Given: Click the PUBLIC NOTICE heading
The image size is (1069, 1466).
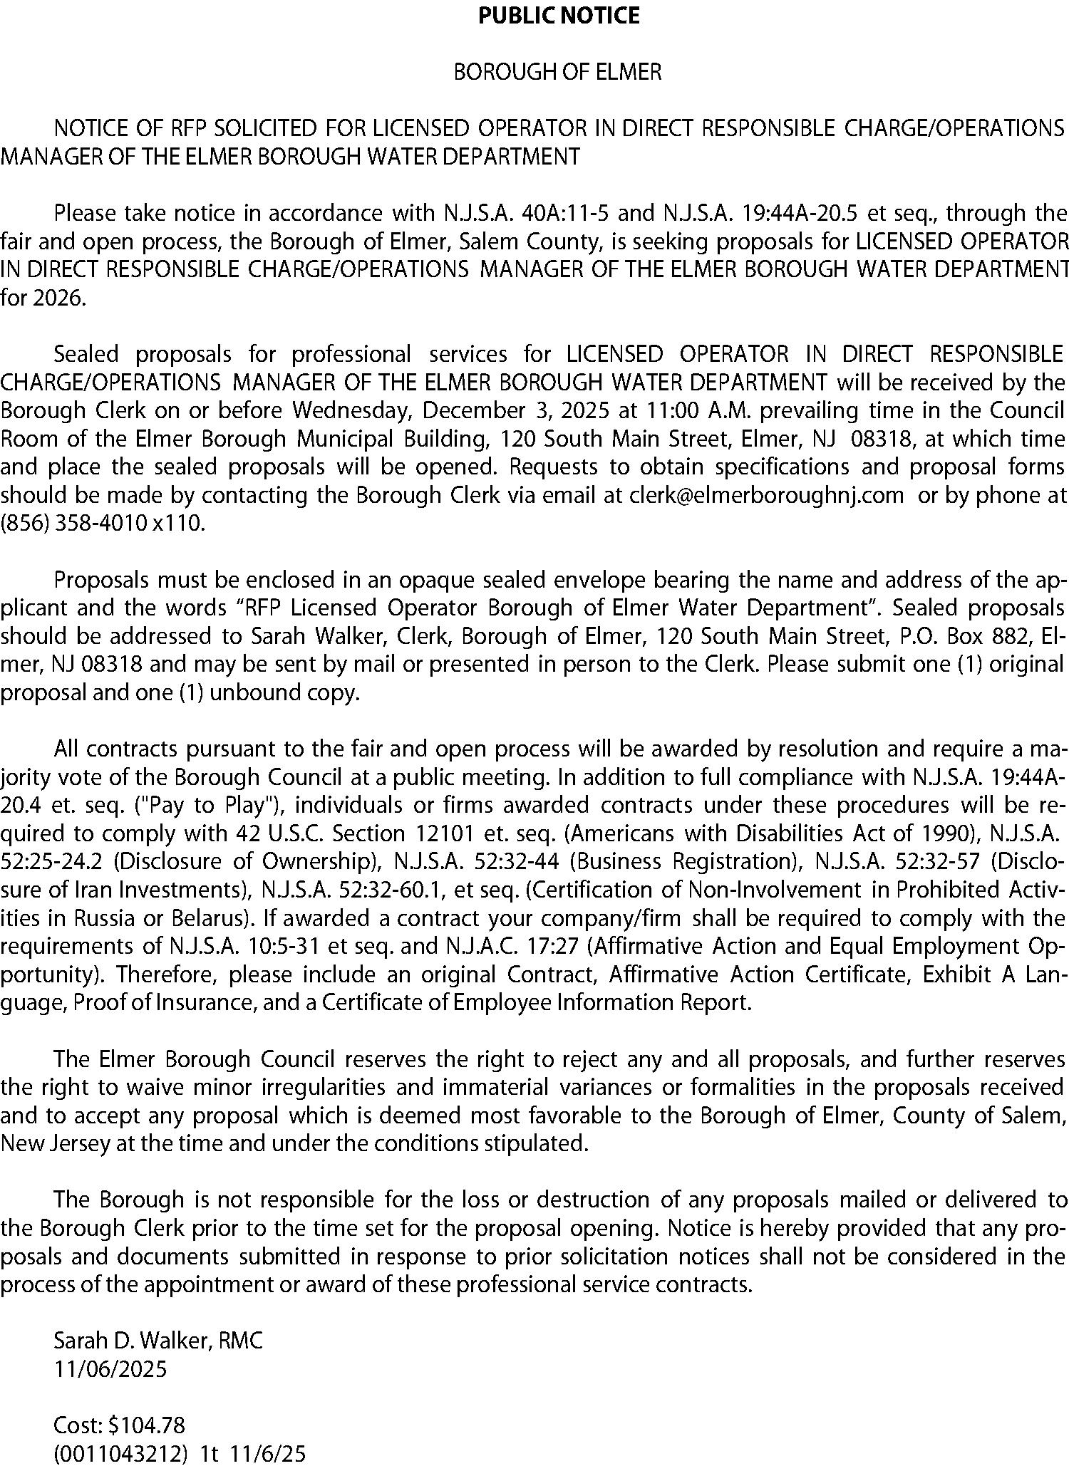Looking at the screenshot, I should tap(559, 16).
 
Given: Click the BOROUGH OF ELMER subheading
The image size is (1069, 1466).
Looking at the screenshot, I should tap(558, 72).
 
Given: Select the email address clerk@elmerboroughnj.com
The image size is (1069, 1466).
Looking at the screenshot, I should tap(767, 495).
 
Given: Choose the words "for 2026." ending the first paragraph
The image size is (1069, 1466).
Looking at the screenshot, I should tap(43, 298).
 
